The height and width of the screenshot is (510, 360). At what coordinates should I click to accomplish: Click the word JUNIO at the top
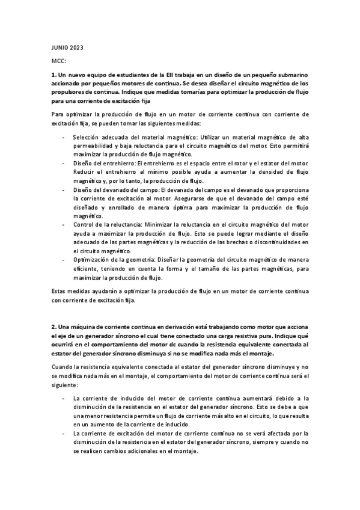(x=60, y=47)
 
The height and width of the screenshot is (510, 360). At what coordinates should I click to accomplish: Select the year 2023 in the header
(x=78, y=47)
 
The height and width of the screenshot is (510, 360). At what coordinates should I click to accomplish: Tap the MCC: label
(x=58, y=61)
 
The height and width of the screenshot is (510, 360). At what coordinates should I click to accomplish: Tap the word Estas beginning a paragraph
(x=59, y=290)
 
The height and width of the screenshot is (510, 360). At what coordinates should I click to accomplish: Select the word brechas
(x=237, y=241)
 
